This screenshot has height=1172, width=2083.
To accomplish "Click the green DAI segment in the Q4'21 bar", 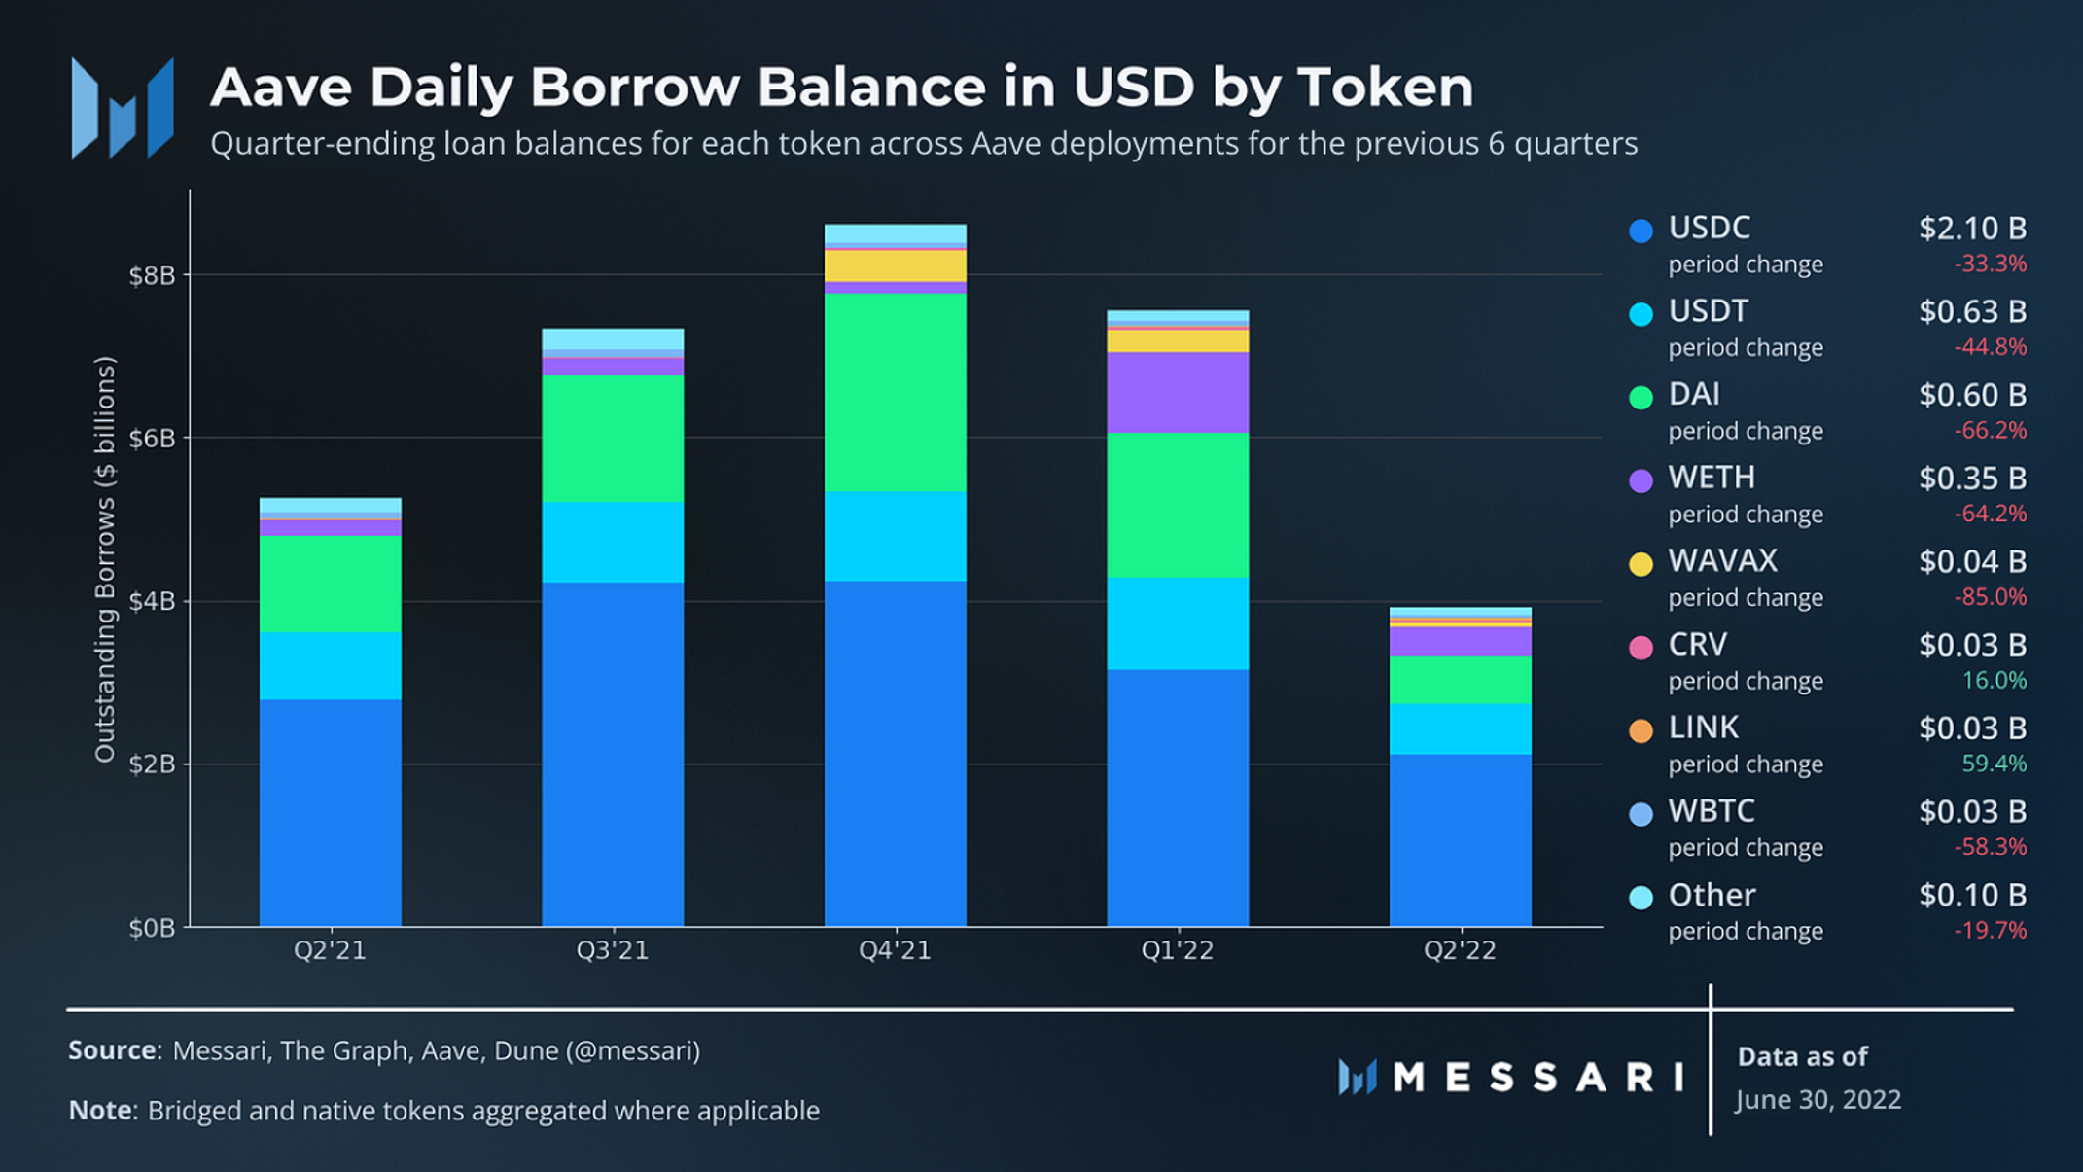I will pyautogui.click(x=895, y=392).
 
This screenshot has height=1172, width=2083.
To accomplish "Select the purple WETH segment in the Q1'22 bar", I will pyautogui.click(x=1177, y=392).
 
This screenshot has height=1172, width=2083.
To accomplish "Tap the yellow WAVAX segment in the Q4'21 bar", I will pyautogui.click(x=895, y=266).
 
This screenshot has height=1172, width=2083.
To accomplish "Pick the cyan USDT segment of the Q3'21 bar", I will pyautogui.click(x=613, y=542).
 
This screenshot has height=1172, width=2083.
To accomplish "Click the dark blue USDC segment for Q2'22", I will pyautogui.click(x=1460, y=839).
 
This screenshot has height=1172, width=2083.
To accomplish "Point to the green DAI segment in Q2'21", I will pyautogui.click(x=330, y=584).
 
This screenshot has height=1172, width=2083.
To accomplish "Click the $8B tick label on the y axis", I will pyautogui.click(x=153, y=275).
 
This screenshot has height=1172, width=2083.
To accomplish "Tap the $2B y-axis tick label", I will pyautogui.click(x=153, y=764).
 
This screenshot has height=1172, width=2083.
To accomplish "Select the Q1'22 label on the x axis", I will pyautogui.click(x=1177, y=950).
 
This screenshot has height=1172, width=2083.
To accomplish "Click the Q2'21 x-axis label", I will pyautogui.click(x=330, y=950).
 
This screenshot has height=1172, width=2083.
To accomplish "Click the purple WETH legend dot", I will pyautogui.click(x=1641, y=480).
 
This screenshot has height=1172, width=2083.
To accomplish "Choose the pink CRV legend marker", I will pyautogui.click(x=1641, y=648).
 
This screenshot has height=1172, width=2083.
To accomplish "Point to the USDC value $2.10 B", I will pyautogui.click(x=1972, y=229).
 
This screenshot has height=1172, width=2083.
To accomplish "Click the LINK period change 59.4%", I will pyautogui.click(x=1994, y=764).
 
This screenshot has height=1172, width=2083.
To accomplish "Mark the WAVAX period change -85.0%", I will pyautogui.click(x=1990, y=597).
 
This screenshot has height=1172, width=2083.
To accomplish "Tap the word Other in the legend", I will pyautogui.click(x=1712, y=895).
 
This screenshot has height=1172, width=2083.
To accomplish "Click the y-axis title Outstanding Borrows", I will pyautogui.click(x=105, y=559).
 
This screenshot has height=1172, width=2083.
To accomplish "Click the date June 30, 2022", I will pyautogui.click(x=1818, y=1100).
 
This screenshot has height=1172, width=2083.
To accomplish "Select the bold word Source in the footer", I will pyautogui.click(x=113, y=1050).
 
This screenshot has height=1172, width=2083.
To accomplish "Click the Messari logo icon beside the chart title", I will pyautogui.click(x=123, y=108).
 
